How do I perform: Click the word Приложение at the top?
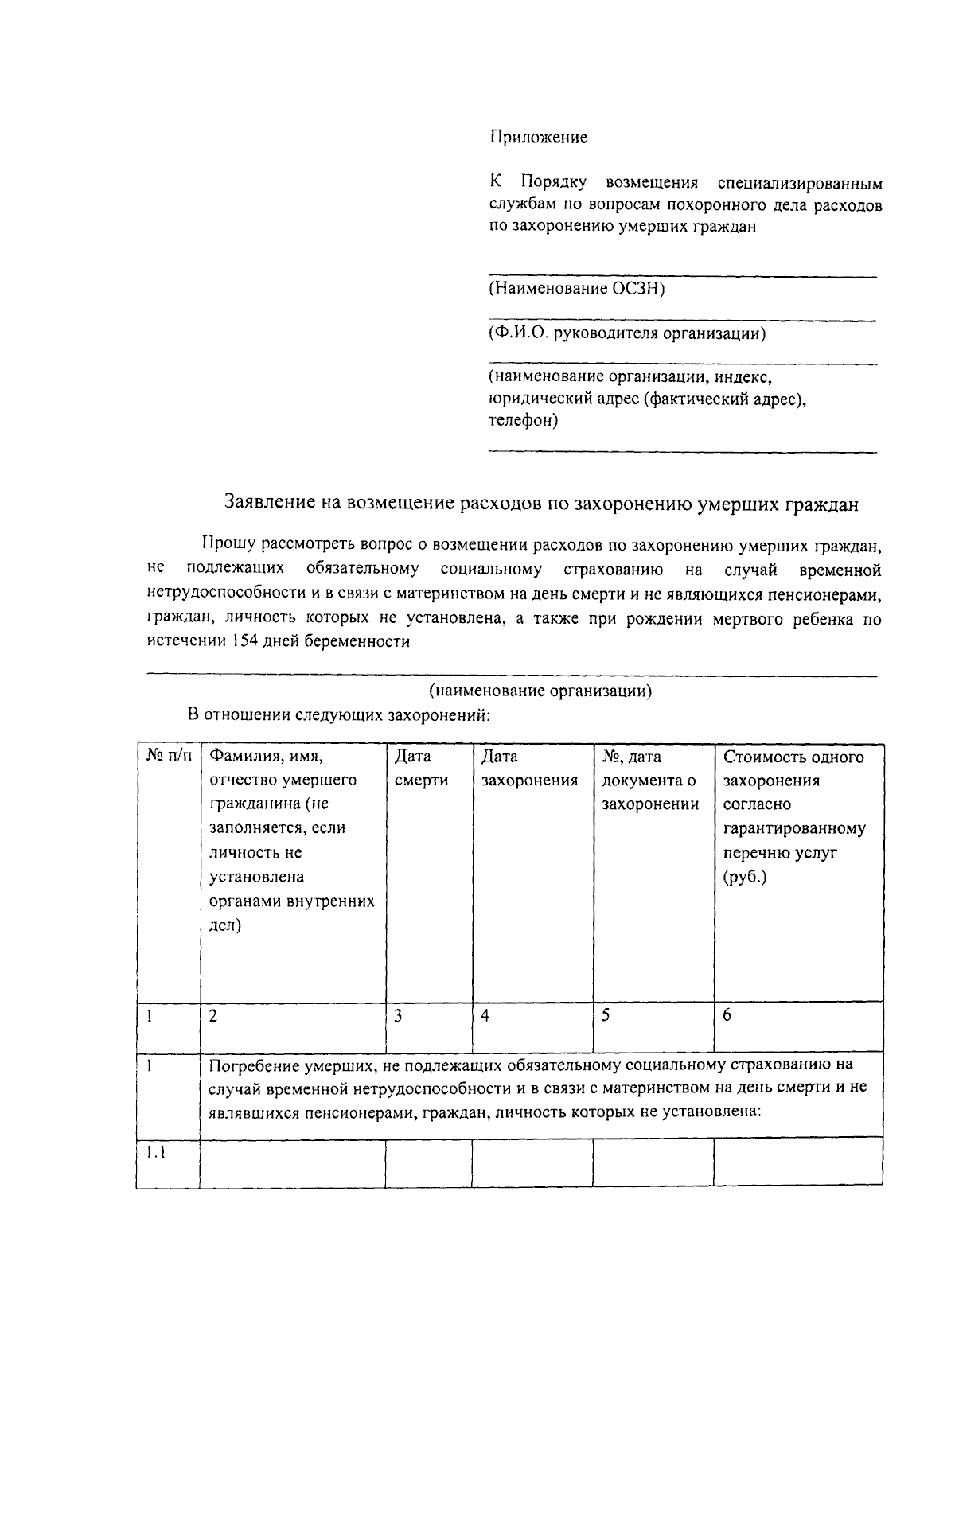click(538, 138)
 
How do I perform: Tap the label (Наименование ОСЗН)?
click(576, 288)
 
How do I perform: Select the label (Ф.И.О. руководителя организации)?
click(627, 333)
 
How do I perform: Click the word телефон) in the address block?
click(523, 421)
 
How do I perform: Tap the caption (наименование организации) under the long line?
click(540, 691)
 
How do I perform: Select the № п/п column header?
click(168, 757)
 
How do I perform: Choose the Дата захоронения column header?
click(529, 769)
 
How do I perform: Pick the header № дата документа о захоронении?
click(649, 781)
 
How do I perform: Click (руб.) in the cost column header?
click(745, 878)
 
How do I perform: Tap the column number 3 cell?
click(398, 1016)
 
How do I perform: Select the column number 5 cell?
click(606, 1016)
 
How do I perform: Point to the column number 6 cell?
click(727, 1016)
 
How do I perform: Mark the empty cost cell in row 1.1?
click(797, 1162)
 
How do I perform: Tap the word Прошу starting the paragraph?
click(228, 545)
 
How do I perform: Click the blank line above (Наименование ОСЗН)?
click(682, 276)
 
